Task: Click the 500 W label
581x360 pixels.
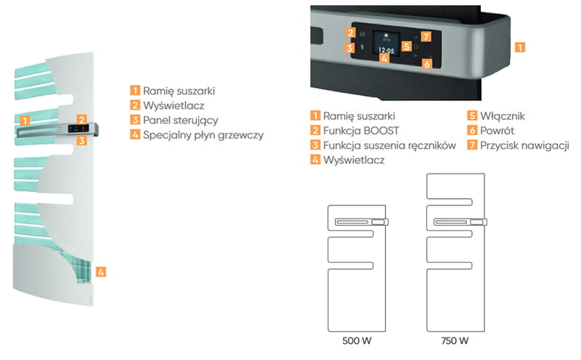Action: [357, 341]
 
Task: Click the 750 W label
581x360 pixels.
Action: [454, 341]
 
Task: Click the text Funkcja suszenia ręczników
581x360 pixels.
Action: [390, 145]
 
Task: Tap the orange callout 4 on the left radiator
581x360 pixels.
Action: [101, 272]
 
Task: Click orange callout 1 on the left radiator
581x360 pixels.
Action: [25, 120]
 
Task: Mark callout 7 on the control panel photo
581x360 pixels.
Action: [426, 36]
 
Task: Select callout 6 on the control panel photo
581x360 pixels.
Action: [426, 64]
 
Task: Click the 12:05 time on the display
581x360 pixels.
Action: [386, 52]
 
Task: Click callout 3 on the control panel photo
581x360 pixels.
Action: [350, 49]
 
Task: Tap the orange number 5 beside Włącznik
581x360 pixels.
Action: [473, 115]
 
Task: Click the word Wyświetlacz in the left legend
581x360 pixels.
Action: [174, 105]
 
